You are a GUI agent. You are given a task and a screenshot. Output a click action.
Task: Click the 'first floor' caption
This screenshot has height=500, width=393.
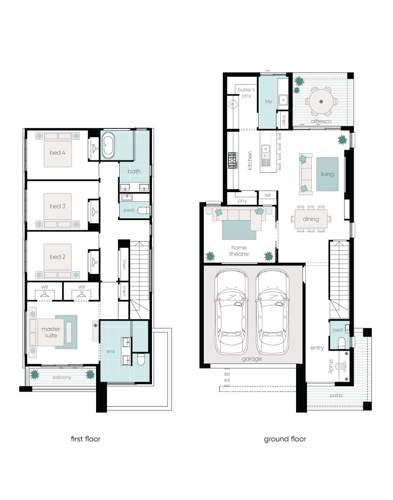(86, 439)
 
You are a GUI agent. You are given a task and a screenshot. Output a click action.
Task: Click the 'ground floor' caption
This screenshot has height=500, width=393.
(285, 439)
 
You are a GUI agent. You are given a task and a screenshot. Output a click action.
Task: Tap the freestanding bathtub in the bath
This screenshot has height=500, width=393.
(108, 145)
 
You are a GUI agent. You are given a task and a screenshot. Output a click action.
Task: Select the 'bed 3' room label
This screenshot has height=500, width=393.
(57, 206)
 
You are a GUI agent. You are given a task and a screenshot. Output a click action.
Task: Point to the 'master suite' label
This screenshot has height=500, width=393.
(51, 332)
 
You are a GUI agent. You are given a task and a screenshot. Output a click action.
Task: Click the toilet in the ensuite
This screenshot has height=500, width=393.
(141, 359)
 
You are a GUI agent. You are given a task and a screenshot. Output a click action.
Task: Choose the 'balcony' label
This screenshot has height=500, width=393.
(62, 377)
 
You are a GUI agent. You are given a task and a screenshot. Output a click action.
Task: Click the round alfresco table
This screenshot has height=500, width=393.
(321, 101)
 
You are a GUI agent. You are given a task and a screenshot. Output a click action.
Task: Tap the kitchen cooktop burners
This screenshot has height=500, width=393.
(232, 160)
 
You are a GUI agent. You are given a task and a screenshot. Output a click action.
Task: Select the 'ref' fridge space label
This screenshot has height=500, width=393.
(267, 195)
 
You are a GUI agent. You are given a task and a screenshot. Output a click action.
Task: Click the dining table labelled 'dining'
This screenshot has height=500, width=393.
(311, 219)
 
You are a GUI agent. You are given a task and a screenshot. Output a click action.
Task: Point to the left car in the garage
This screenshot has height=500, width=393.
(231, 311)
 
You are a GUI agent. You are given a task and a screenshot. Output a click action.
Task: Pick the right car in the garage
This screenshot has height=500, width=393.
(272, 311)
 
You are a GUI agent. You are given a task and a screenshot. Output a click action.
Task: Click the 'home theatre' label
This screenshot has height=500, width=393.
(239, 251)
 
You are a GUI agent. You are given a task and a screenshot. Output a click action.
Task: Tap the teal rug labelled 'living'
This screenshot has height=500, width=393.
(327, 174)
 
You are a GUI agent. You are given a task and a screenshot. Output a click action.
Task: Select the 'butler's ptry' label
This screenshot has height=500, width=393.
(246, 93)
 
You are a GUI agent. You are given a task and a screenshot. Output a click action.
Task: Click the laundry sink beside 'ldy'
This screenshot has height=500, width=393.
(283, 100)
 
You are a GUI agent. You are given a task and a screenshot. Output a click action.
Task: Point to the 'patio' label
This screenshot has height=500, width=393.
(336, 395)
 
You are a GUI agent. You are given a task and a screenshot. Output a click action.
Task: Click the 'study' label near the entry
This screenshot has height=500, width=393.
(331, 366)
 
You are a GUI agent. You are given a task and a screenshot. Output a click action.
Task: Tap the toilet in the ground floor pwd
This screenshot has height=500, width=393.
(341, 343)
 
